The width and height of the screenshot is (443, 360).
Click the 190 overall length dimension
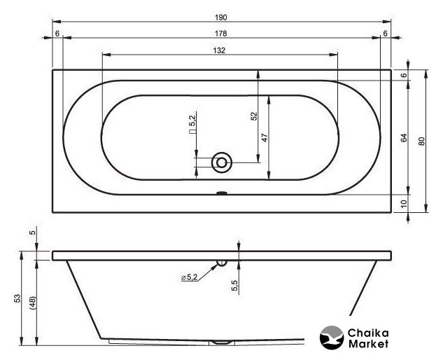coord(220,18)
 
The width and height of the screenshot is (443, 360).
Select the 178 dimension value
coord(220,34)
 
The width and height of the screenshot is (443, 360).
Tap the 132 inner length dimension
coord(219,50)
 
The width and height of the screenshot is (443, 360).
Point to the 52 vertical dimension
coord(254,116)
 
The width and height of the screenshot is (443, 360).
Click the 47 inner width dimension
coord(265,138)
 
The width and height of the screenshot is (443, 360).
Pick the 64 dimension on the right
coord(405,138)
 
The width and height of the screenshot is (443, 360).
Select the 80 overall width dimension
coord(421,141)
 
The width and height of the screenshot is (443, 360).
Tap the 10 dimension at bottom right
coord(405,203)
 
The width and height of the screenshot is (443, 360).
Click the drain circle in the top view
coord(222,162)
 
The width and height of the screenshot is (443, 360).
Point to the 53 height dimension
coord(17,298)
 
